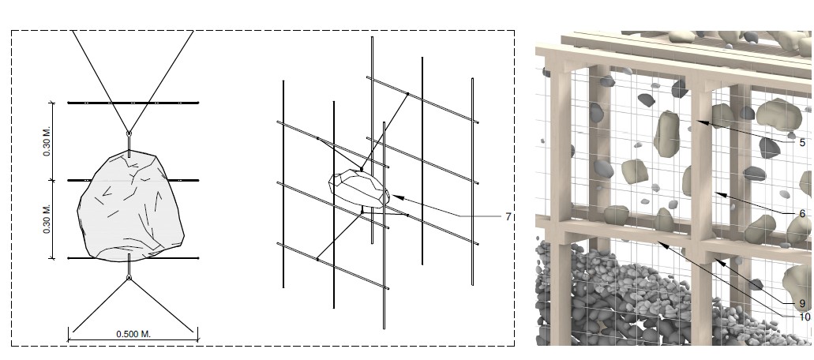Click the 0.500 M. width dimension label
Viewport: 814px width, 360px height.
click(x=133, y=334)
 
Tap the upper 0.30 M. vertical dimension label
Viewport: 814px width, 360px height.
click(x=47, y=141)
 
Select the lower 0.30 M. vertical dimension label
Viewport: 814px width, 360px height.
click(x=47, y=219)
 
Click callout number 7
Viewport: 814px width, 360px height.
click(x=508, y=216)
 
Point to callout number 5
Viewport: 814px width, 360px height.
click(x=802, y=143)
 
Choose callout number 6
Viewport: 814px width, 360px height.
click(x=802, y=213)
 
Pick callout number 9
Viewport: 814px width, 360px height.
click(x=802, y=304)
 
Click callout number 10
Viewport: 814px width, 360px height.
click(x=805, y=317)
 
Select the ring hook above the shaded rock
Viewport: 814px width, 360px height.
click(x=129, y=134)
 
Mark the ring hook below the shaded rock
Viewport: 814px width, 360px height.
click(x=129, y=278)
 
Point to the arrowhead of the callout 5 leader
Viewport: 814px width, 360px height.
click(x=702, y=122)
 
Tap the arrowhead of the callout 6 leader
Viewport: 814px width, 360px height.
click(x=719, y=194)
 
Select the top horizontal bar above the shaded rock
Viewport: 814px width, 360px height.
click(x=133, y=103)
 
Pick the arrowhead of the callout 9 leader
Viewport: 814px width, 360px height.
click(x=719, y=261)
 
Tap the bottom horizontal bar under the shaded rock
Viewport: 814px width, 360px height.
click(x=133, y=258)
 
